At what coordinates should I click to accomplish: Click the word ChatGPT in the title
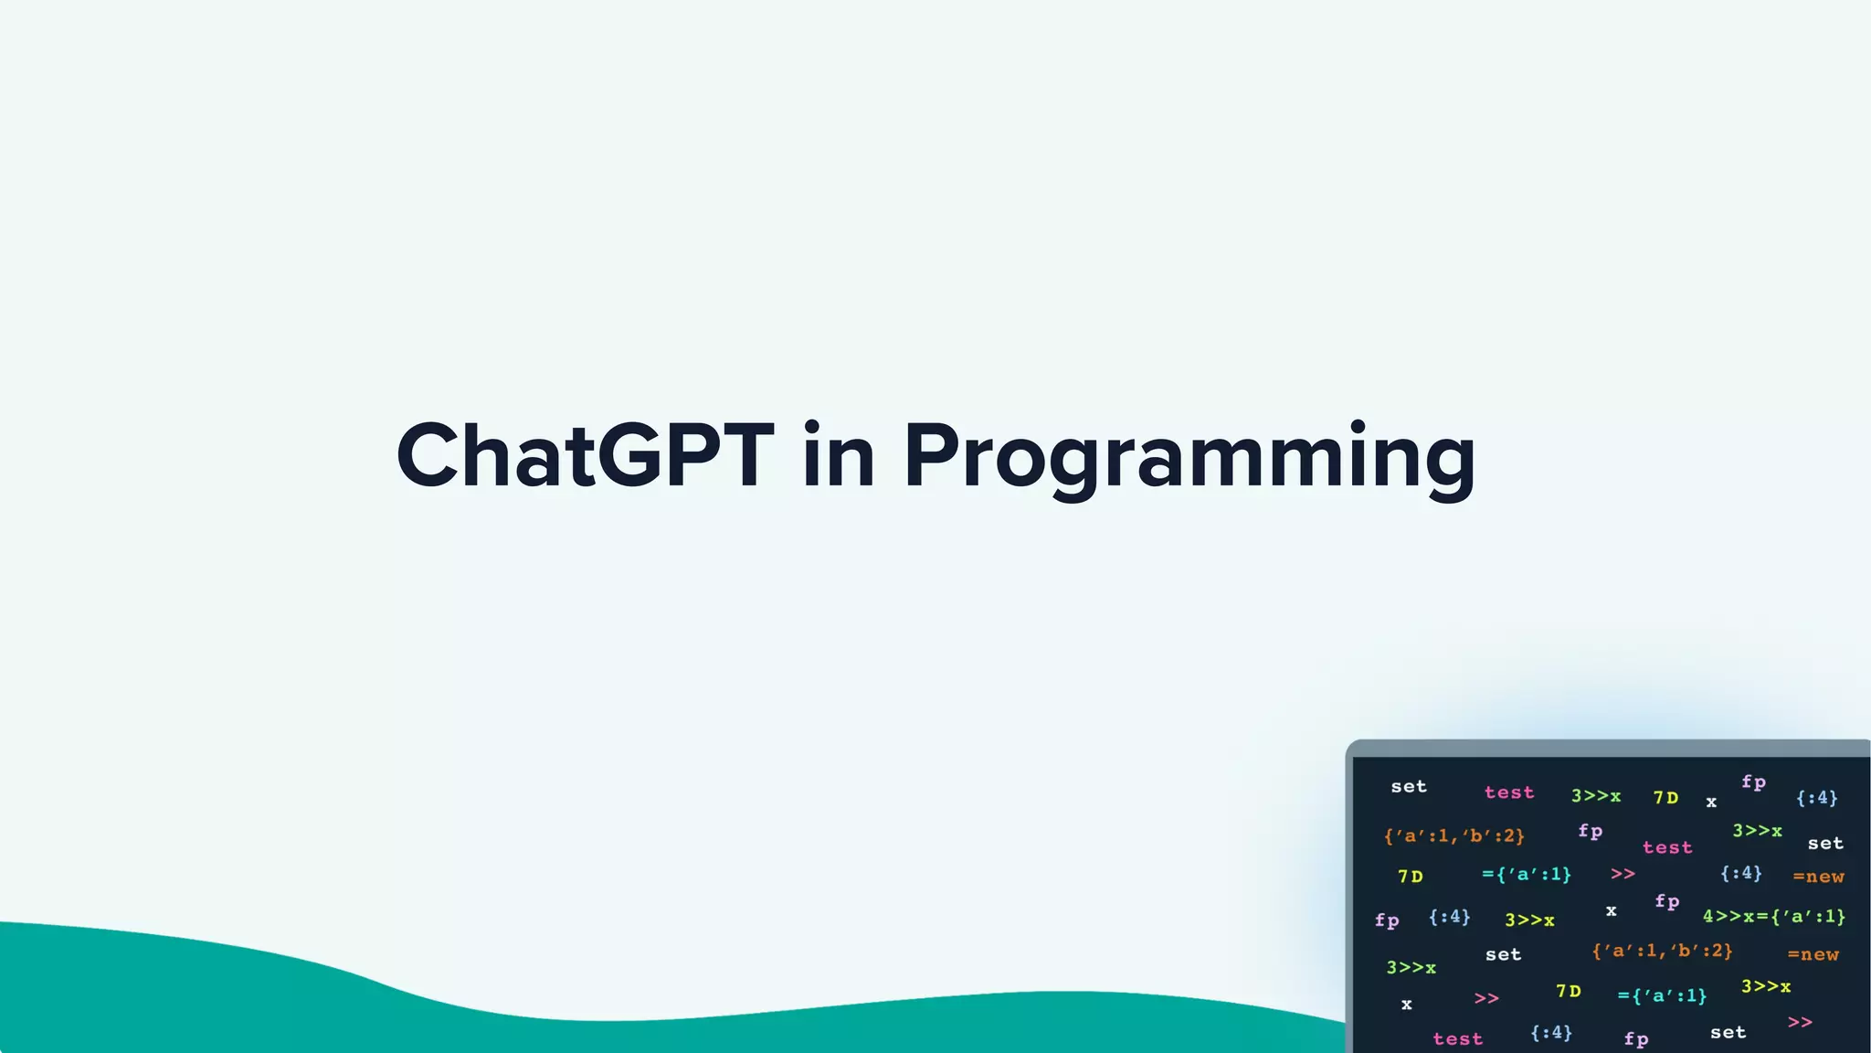pos(585,456)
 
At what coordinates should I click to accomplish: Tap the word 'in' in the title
pos(839,456)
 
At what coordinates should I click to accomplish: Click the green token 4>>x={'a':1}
pos(1773,916)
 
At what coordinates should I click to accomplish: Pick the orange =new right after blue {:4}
pos(1818,877)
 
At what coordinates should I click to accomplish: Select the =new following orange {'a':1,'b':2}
pos(1813,954)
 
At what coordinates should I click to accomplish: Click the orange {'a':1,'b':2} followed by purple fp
pos(1453,835)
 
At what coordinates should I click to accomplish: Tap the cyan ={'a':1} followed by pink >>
pos(1527,875)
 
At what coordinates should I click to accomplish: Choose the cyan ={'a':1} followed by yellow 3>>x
pos(1662,995)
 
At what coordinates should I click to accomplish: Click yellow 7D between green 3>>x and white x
pos(1665,797)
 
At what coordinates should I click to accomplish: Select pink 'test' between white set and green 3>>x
pos(1509,792)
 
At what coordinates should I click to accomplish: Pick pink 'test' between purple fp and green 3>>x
pos(1667,847)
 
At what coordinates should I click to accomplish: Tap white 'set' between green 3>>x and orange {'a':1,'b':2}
pos(1503,954)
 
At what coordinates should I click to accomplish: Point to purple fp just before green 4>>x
pos(1666,902)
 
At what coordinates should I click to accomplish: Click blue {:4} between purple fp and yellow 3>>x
pos(1449,916)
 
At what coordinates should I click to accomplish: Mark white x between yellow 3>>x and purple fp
pos(1611,910)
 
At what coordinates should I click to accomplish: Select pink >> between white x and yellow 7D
pos(1486,998)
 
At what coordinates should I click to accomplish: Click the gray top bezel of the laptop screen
pos(1608,749)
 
